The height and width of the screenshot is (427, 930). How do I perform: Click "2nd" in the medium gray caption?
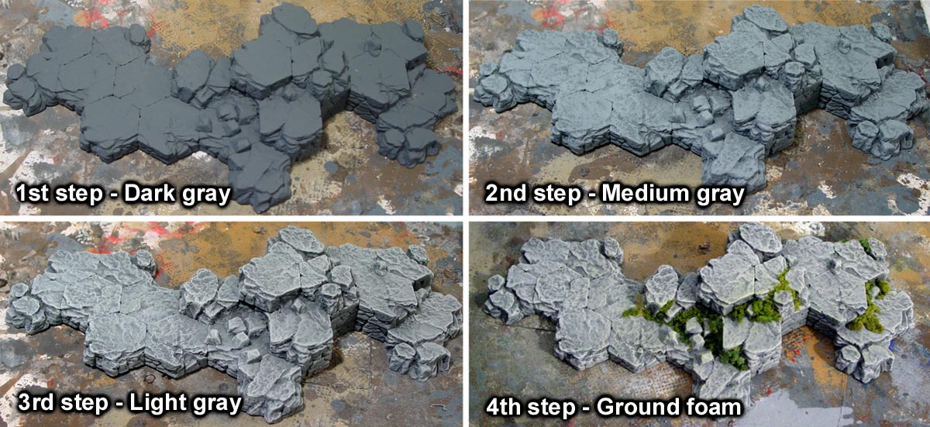click(505, 194)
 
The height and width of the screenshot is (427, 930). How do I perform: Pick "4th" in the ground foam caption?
click(504, 407)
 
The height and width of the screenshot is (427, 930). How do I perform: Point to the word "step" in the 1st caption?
click(79, 195)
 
